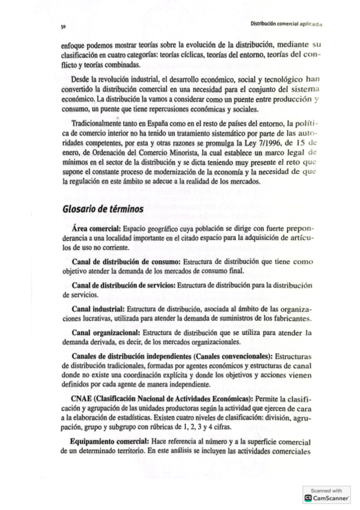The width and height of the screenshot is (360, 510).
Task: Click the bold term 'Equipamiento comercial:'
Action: click(109, 424)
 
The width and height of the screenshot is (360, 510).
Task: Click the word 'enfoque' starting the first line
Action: click(73, 45)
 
